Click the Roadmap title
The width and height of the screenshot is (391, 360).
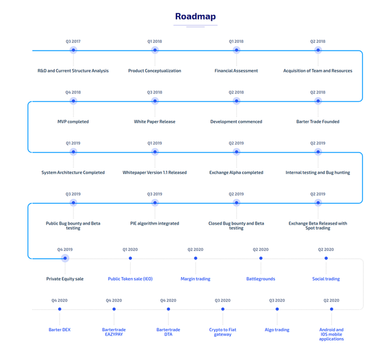tap(195, 16)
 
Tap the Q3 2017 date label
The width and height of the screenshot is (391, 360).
tap(73, 41)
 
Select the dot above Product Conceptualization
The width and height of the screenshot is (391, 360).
tap(155, 50)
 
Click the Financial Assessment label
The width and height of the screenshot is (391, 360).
tap(236, 71)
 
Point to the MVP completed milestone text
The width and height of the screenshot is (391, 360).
tap(73, 121)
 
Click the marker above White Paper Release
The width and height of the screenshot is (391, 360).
tap(155, 101)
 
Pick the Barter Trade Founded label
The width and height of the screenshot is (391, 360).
tap(318, 121)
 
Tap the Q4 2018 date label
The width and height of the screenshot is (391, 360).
tap(73, 92)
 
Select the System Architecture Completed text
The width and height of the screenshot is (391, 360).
tap(73, 173)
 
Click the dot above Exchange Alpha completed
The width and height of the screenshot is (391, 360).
tap(236, 152)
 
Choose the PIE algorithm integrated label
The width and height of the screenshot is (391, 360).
tap(155, 223)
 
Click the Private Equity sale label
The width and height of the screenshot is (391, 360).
tap(65, 279)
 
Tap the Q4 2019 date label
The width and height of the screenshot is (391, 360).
tap(65, 250)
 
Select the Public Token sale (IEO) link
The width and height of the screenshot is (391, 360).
tap(130, 279)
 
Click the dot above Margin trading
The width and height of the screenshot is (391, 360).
tap(195, 258)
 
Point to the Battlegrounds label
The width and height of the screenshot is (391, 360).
tap(261, 279)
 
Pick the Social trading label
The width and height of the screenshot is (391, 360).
tap(326, 279)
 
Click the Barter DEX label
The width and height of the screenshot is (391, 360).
tap(60, 329)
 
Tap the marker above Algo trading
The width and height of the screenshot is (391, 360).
tap(277, 309)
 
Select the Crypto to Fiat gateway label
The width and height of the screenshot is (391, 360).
tap(222, 332)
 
